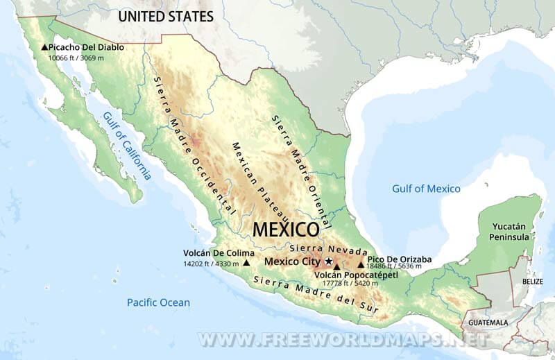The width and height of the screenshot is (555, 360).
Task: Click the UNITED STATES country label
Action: coord(165,15)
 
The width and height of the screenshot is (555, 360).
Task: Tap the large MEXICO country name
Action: coord(286,229)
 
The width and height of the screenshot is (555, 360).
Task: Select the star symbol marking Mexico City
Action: coord(329,262)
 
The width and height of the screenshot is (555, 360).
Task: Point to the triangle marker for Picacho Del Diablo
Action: coord(44,47)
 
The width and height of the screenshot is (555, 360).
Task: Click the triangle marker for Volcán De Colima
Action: coord(246,263)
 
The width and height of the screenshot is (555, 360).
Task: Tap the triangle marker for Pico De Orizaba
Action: coord(361,264)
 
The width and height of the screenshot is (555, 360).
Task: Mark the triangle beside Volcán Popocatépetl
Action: coord(336,266)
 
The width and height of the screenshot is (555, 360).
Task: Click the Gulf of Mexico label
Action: coord(426,189)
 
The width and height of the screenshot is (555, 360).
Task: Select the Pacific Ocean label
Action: coord(158,302)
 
